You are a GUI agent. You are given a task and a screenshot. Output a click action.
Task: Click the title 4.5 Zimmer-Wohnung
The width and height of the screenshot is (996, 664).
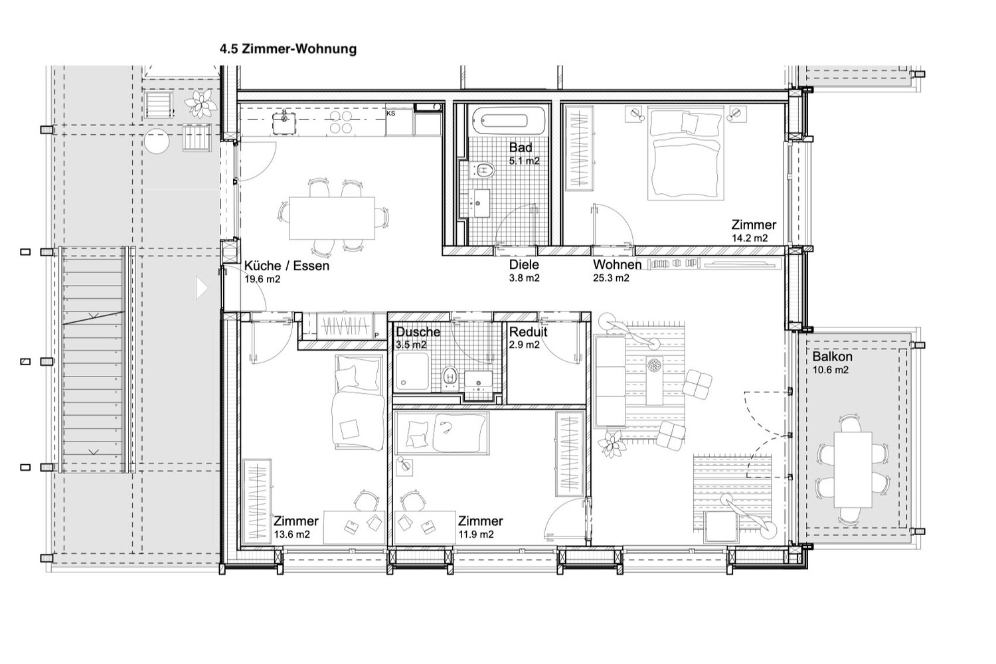[288, 49]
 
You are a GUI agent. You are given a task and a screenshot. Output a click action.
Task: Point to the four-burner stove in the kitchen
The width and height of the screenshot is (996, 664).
[341, 122]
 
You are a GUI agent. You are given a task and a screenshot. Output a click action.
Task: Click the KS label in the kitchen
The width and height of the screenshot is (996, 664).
[391, 114]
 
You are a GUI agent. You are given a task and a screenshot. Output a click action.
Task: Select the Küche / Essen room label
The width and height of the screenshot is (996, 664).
[287, 266]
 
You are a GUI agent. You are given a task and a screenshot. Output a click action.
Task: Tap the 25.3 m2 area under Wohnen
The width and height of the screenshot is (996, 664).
[611, 278]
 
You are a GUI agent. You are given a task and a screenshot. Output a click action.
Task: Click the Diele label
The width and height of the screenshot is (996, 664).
[524, 265]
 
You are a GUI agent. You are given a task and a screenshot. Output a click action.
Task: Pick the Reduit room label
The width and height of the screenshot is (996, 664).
[528, 332]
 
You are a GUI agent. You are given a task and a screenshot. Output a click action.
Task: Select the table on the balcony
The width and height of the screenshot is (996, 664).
[853, 469]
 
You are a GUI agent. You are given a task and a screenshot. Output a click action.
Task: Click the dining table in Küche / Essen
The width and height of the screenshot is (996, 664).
[332, 218]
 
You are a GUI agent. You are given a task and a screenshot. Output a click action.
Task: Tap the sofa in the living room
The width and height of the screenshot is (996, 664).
[610, 382]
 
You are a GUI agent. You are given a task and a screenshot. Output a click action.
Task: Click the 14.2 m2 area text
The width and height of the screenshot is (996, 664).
[750, 238]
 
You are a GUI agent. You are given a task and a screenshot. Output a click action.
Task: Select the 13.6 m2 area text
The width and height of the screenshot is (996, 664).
[291, 535]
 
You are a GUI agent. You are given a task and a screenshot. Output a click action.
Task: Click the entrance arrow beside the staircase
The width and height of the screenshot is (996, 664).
[202, 288]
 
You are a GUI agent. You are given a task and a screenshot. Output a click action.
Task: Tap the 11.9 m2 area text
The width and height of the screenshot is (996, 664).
[476, 535]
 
